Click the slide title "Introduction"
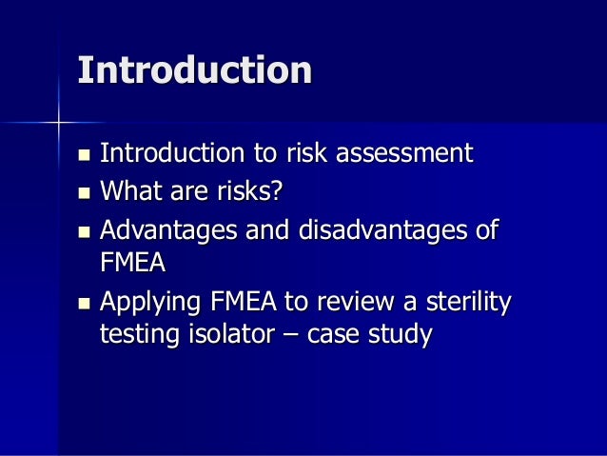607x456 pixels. (195, 70)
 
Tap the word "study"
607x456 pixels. (403, 335)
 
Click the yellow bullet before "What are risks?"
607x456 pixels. (84, 192)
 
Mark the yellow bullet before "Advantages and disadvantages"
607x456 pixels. (84, 231)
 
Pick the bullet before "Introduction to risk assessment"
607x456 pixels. (84, 153)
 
